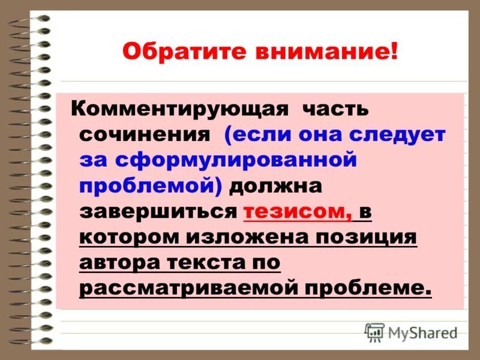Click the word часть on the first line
pyautogui.click(x=335, y=110)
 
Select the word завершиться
pyautogui.click(x=159, y=211)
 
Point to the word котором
pyautogui.click(x=128, y=237)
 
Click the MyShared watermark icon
pyautogui.click(x=375, y=332)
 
